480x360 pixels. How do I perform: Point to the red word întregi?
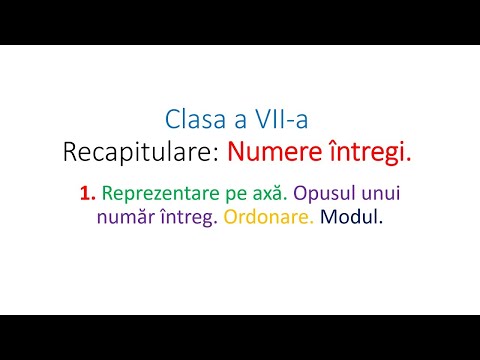pos(365,153)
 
